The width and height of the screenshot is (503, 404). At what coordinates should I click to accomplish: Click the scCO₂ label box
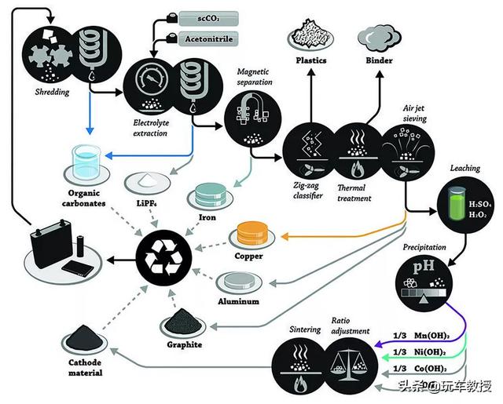208,18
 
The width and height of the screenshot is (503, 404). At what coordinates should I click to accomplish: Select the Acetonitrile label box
208,38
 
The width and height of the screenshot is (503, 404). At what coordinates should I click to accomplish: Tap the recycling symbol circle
164,258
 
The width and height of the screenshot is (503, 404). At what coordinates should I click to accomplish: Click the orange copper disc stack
251,234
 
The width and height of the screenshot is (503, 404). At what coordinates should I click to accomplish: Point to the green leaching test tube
457,203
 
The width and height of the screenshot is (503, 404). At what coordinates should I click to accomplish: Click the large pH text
424,267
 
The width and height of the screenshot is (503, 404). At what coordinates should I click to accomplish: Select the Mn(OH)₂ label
431,336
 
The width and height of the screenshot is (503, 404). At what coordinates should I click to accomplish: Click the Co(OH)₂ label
431,369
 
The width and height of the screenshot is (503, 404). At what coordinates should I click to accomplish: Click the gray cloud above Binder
379,38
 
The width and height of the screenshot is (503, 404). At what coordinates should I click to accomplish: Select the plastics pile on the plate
310,32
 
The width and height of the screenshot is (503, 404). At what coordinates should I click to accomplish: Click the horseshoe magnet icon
252,107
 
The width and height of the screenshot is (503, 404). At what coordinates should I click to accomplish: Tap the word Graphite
185,345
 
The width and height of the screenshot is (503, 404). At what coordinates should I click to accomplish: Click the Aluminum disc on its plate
239,280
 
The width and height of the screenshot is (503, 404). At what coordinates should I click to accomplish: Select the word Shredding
52,93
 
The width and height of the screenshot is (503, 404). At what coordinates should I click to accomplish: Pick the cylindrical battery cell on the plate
80,246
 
